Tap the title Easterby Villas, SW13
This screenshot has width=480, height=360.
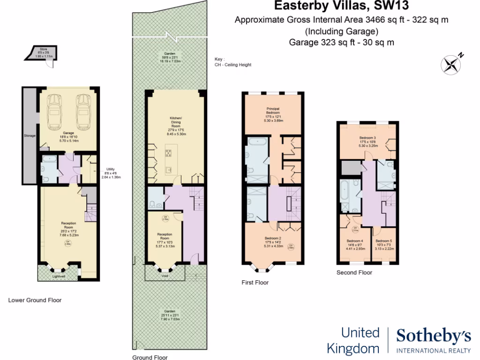340,7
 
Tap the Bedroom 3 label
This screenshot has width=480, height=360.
367,140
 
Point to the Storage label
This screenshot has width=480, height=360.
30,136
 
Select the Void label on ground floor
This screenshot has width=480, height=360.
164,276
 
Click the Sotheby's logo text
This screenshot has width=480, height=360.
434,336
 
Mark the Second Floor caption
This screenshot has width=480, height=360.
354,272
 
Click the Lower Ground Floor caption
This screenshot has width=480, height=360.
35,300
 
